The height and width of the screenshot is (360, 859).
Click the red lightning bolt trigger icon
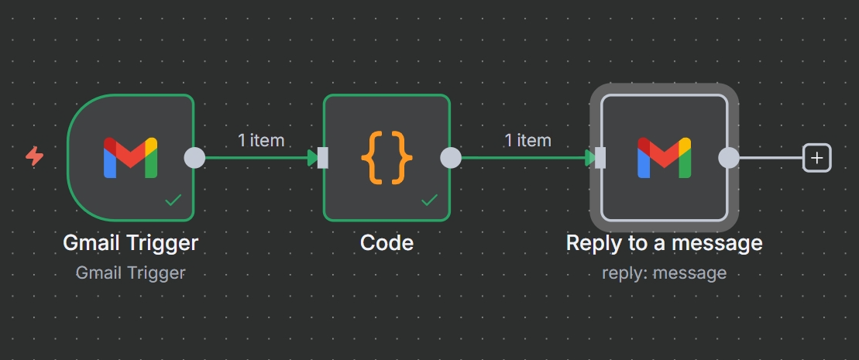point(35,157)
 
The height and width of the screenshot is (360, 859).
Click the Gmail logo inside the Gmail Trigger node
point(130,158)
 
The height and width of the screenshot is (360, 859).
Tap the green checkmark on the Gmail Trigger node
point(174,201)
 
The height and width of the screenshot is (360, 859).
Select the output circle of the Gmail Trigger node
point(194,158)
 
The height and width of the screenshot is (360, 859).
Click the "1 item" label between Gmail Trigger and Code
point(261,140)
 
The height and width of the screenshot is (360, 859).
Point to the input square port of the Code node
point(323,158)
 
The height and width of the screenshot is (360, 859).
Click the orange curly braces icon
point(387,158)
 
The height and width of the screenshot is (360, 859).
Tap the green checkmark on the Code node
point(429,201)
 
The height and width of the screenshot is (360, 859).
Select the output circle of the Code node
point(451,158)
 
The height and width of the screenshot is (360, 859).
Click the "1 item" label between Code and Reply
point(527,140)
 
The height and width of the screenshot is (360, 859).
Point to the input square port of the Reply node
point(600,158)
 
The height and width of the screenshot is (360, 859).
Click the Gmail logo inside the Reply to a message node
point(664,158)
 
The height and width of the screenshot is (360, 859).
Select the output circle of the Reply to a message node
point(728,158)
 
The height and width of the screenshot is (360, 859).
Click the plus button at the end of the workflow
point(817,158)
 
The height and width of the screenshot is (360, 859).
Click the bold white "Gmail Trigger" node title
point(130,243)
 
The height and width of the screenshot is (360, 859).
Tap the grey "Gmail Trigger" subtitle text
point(130,273)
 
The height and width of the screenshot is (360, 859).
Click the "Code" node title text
point(387,243)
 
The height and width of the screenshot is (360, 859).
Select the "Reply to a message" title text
point(664,243)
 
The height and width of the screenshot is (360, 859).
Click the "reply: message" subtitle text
point(664,273)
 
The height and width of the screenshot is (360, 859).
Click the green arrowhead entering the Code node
point(312,158)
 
